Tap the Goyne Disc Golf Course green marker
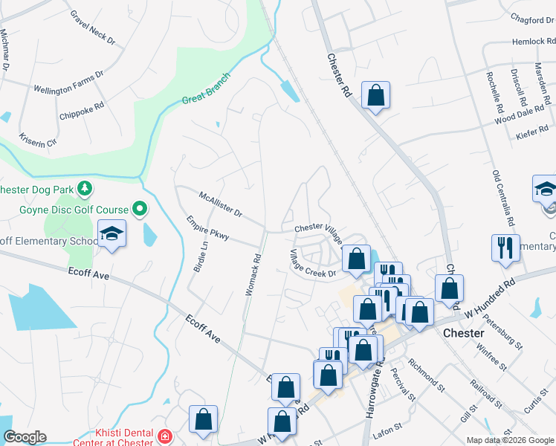click(138, 210)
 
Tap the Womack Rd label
click(252, 276)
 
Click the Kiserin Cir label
click(37, 138)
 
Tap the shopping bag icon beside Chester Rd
click(375, 94)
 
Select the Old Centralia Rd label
click(504, 198)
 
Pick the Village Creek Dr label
click(312, 262)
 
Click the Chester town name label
click(464, 333)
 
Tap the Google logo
click(25, 437)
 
